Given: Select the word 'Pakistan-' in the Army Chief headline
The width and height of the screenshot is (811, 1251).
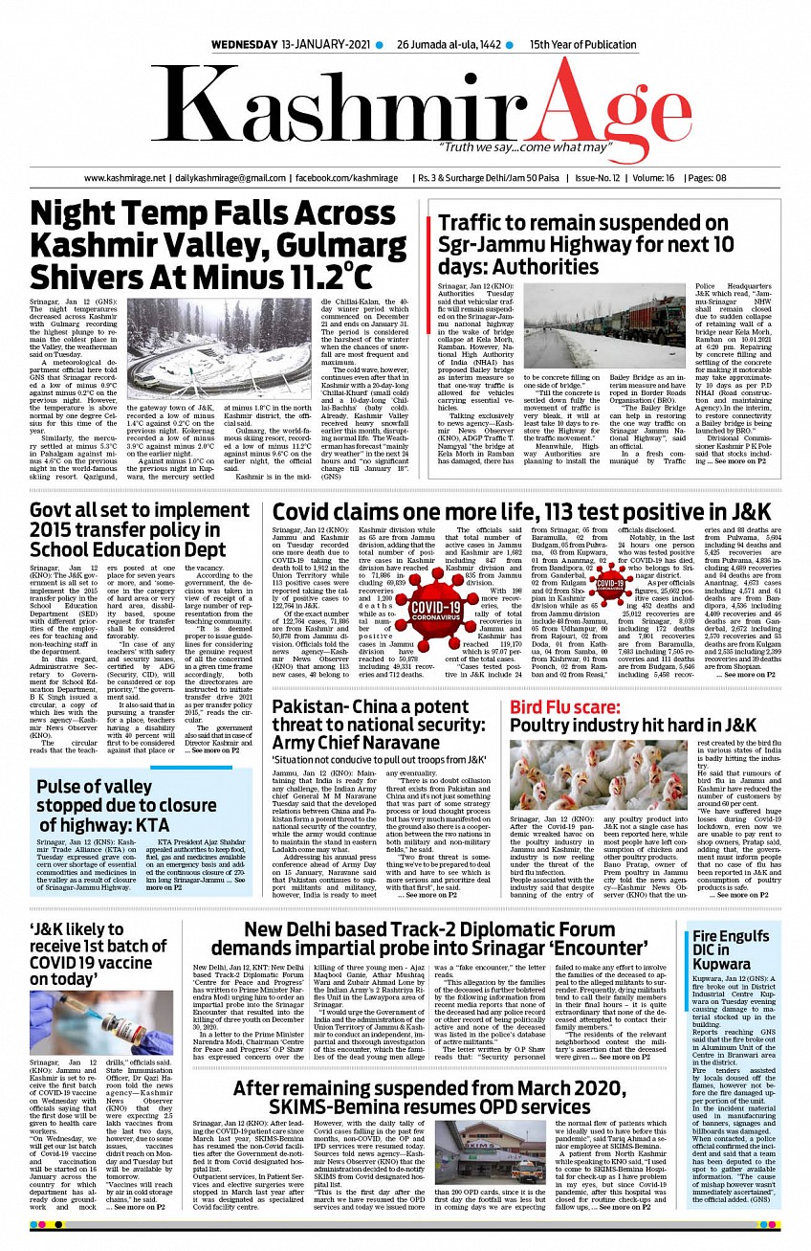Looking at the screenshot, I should [317, 709].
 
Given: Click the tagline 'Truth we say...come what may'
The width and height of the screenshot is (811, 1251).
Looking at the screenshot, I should [524, 148].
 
